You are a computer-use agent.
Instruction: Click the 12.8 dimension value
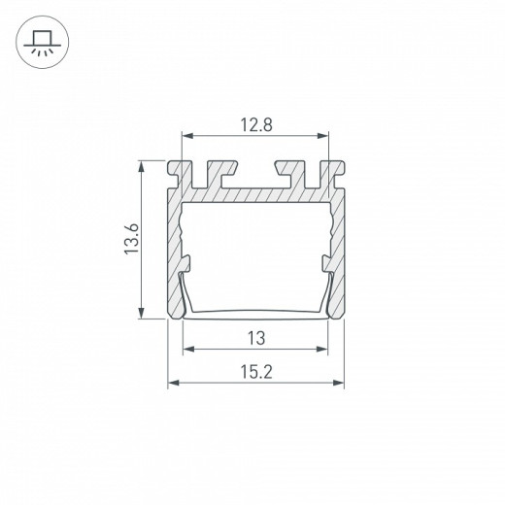coord(256,125)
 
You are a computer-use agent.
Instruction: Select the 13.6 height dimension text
coord(132,239)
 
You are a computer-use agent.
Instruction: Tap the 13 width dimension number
coord(256,338)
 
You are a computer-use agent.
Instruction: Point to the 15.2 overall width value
coord(256,372)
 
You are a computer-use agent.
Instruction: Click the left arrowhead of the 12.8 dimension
coord(187,136)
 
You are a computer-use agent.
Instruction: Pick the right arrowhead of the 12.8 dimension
coord(322,136)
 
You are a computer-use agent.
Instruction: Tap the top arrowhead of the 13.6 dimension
coord(141,167)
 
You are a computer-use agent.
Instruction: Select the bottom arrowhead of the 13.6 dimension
coord(141,313)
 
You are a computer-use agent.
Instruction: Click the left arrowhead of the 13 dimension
coord(189,349)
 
